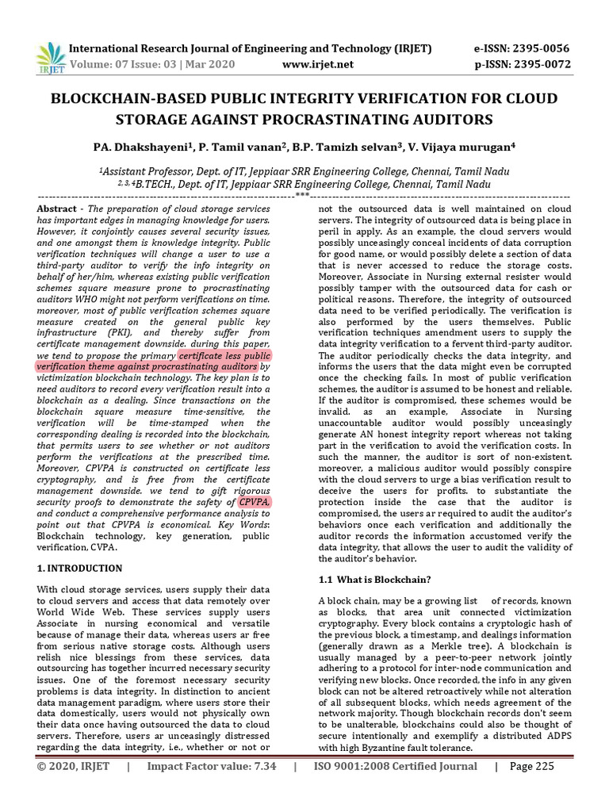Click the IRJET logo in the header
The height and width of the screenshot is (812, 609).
pyautogui.click(x=50, y=55)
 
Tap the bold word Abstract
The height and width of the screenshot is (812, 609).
pyautogui.click(x=58, y=208)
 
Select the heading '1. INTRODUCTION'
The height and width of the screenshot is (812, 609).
pyautogui.click(x=80, y=569)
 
